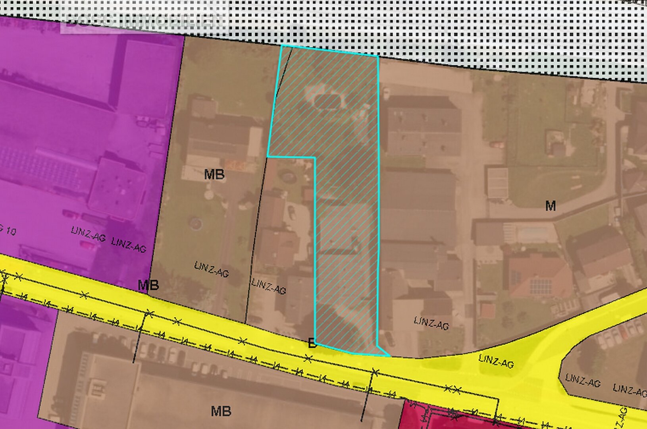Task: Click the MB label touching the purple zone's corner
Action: (148, 285)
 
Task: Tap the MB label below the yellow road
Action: (221, 411)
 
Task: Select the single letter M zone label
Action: (550, 206)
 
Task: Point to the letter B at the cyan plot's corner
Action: (312, 344)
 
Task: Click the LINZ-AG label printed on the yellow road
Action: (496, 361)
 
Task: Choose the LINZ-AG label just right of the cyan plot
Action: (431, 323)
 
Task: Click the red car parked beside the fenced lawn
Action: (497, 145)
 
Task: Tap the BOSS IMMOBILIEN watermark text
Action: (145, 21)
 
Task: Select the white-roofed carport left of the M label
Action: (497, 183)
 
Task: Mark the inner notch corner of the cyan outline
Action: (315, 158)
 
